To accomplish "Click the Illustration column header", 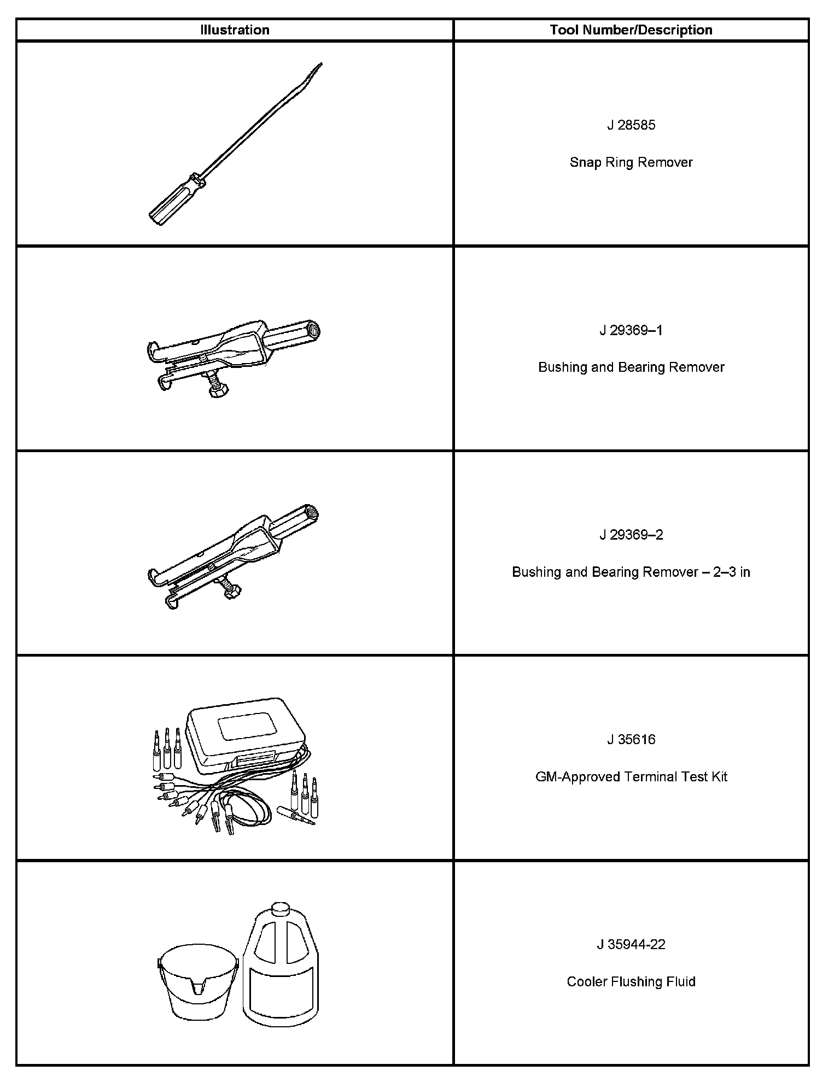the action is (x=235, y=30).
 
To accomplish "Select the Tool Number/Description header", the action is (x=631, y=30).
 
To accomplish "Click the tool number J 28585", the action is (x=631, y=125).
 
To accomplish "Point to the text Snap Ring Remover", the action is (x=631, y=162).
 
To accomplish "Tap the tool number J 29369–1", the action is (x=631, y=330).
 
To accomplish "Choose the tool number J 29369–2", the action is (x=631, y=535).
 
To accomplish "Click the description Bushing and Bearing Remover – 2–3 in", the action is (x=631, y=572).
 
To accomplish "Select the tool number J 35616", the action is (x=631, y=740).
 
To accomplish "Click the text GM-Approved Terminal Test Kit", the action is (x=631, y=777).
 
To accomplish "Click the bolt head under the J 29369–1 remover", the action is (x=219, y=389).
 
